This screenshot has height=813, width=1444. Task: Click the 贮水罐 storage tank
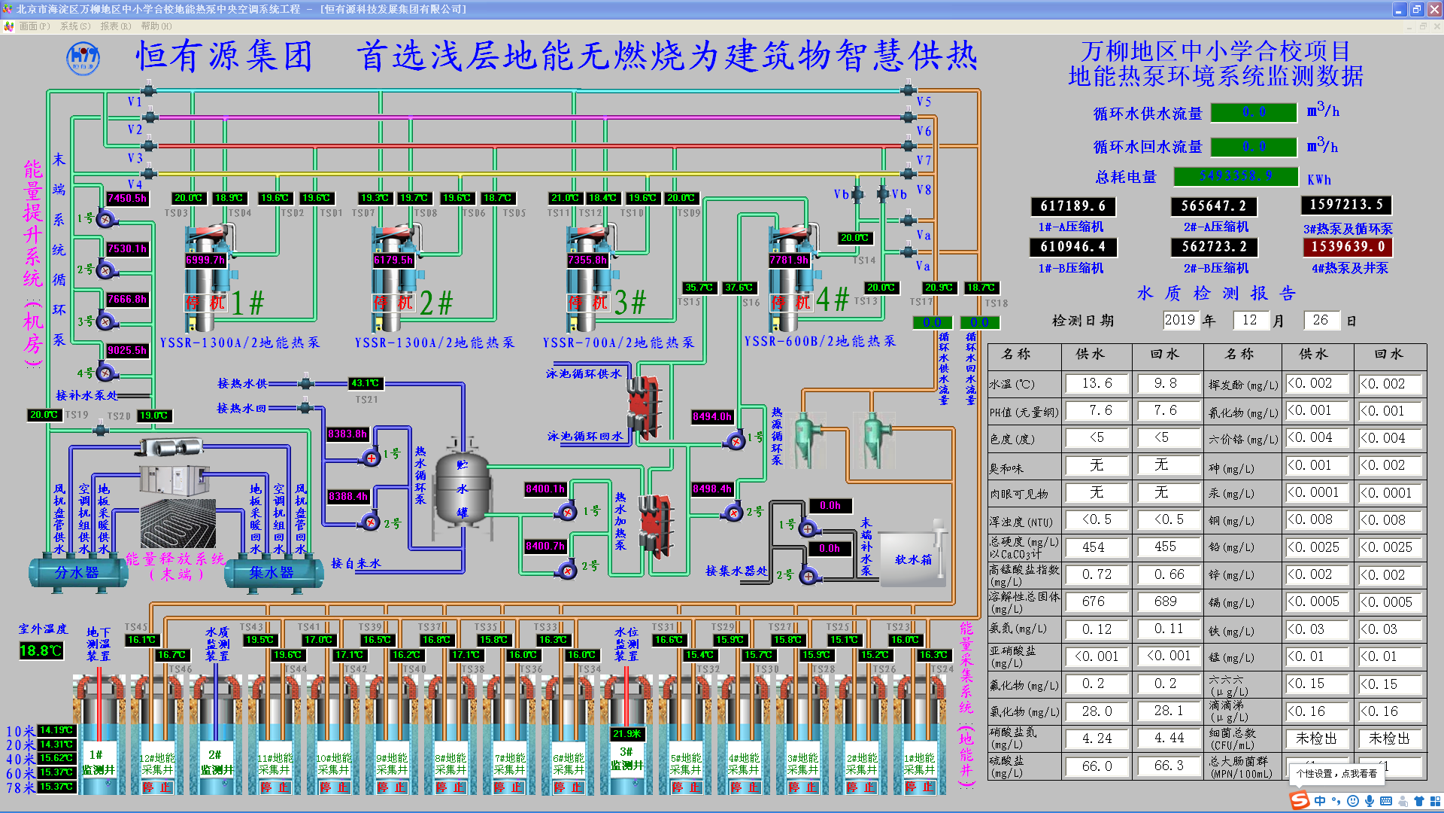(462, 489)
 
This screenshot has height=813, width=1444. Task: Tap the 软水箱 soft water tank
(912, 559)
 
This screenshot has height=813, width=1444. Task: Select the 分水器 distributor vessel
(77, 573)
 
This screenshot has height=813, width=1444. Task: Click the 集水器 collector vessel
(272, 573)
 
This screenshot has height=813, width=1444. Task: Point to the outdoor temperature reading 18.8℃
(41, 650)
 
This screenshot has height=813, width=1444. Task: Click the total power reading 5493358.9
(1236, 176)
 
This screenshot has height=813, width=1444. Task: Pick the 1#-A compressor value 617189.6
(1072, 206)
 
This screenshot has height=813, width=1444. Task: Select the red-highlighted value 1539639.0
(1347, 247)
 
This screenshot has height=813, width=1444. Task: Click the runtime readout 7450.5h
(127, 198)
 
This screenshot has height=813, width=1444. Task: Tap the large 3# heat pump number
(630, 303)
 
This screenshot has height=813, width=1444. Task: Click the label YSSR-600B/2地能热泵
(820, 341)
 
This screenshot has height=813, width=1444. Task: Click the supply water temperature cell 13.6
(1097, 383)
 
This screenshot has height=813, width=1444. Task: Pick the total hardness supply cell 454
(1094, 547)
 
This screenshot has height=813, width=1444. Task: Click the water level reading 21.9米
(626, 734)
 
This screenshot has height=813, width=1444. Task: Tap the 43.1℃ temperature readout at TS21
(366, 383)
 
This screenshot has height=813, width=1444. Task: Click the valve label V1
(135, 102)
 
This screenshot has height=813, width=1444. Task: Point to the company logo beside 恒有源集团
(83, 58)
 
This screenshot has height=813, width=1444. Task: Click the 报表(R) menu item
(115, 26)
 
